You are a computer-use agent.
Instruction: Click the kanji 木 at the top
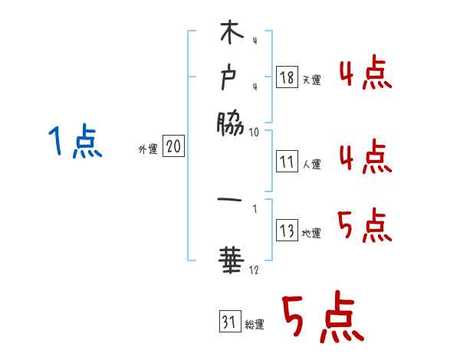231,35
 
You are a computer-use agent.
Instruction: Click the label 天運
311,80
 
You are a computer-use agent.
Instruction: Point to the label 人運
311,164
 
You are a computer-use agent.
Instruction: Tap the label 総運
255,325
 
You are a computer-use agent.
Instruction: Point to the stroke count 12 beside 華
255,270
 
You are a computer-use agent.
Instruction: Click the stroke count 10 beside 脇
255,132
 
